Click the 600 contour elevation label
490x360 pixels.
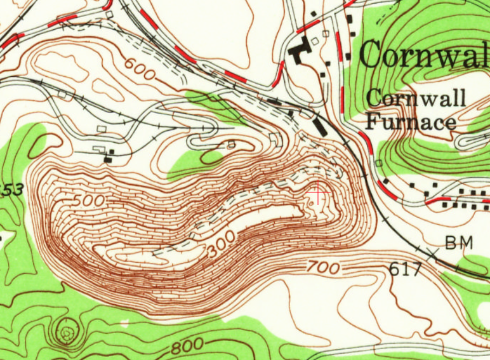click(x=140, y=69)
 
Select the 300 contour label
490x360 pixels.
click(x=220, y=244)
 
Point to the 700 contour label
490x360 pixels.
click(x=322, y=267)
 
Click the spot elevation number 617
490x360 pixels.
click(x=405, y=269)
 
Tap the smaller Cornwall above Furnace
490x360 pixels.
click(x=416, y=98)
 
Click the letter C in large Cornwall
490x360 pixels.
click(x=371, y=55)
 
